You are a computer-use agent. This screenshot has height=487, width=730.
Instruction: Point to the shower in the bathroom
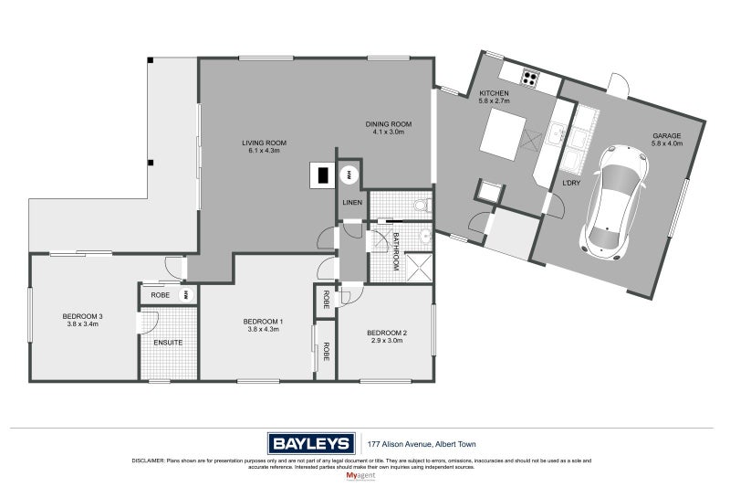pyautogui.click(x=418, y=266)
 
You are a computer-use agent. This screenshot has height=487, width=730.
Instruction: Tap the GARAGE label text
pyautogui.click(x=665, y=135)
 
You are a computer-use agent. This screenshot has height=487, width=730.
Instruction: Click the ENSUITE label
pyautogui.click(x=168, y=343)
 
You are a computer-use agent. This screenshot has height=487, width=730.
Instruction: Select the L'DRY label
pyautogui.click(x=571, y=184)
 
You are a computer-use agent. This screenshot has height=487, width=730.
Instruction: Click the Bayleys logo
pyautogui.click(x=309, y=443)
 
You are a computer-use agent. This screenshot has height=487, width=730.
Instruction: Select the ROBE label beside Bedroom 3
pyautogui.click(x=160, y=295)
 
